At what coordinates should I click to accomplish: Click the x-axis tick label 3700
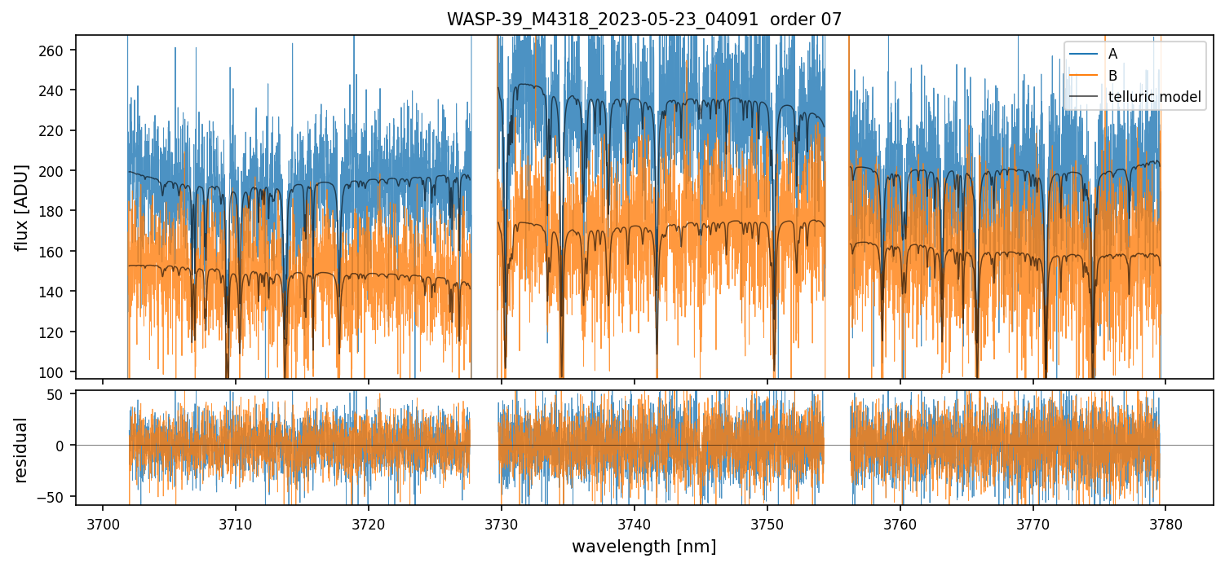click(x=102, y=522)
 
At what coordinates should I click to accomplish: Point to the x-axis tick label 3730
click(x=501, y=522)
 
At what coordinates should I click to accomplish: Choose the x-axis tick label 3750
click(x=767, y=522)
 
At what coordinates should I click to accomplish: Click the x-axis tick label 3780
click(x=1165, y=522)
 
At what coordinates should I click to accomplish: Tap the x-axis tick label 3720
click(x=368, y=522)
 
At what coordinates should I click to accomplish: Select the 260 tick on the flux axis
click(x=56, y=51)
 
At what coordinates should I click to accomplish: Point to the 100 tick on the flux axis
click(x=56, y=372)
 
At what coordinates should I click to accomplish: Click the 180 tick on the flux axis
click(x=56, y=211)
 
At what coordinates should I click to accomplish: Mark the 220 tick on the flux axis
click(x=56, y=130)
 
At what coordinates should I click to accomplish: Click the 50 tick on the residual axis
click(x=62, y=394)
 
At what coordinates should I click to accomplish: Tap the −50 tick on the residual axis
click(x=59, y=495)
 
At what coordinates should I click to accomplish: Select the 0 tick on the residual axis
click(x=65, y=445)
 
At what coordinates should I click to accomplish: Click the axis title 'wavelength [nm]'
click(x=643, y=546)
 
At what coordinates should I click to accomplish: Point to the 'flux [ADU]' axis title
click(x=22, y=207)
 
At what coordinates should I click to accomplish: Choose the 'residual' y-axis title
click(x=22, y=449)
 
